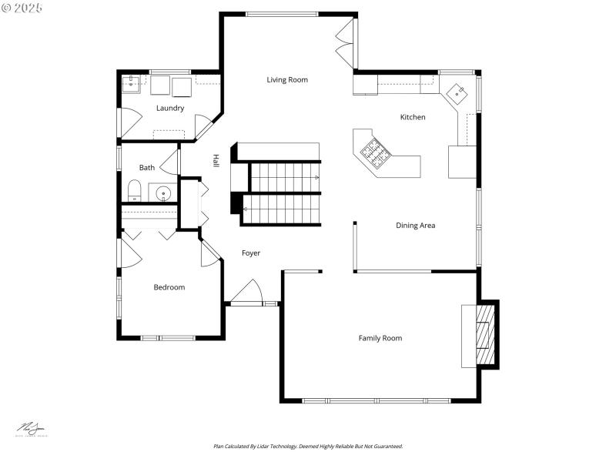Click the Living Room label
coord(287,80)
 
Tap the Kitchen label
coord(412,117)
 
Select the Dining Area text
coord(415,226)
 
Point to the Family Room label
coord(380,338)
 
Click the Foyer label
coord(250,253)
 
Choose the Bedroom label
coord(169,287)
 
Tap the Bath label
coord(147,168)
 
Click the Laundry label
coord(169,109)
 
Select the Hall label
coord(216,160)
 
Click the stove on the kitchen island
coord(375,152)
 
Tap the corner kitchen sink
coord(460,94)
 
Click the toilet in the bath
coord(133,190)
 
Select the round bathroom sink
coord(162,193)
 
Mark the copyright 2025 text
coord(22,8)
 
